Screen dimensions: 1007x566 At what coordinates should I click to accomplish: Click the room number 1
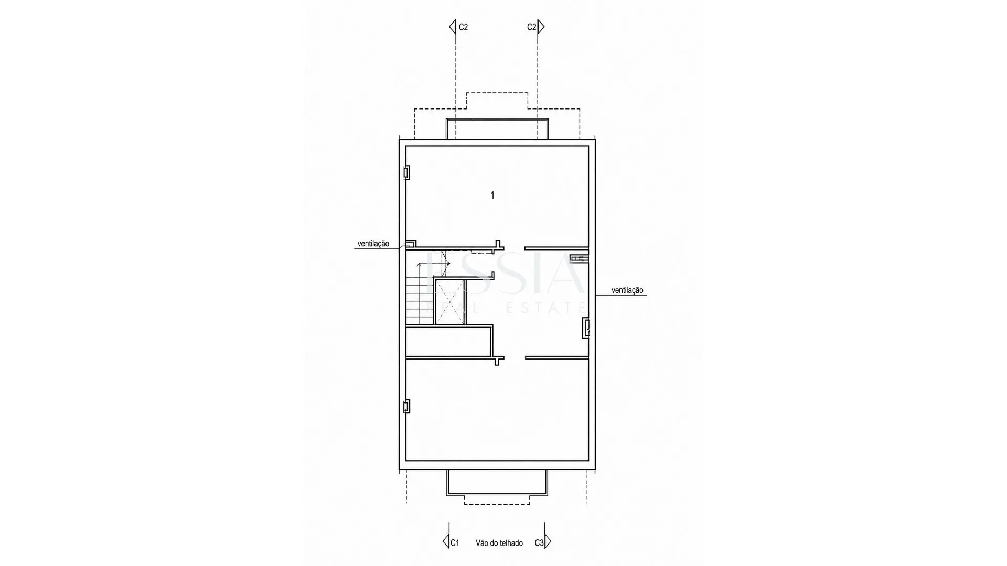[492, 195]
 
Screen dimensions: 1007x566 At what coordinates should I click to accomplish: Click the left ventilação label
[373, 244]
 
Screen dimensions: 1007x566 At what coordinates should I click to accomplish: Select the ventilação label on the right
[627, 290]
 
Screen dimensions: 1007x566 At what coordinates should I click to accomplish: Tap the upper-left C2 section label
[463, 27]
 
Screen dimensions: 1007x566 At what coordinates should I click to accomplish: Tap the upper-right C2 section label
[532, 27]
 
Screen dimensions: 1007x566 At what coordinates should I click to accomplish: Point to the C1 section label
[455, 543]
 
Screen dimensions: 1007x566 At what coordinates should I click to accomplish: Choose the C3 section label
[539, 543]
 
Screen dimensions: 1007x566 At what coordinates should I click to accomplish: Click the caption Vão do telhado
[499, 543]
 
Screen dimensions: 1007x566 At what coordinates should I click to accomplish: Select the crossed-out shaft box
[449, 302]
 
